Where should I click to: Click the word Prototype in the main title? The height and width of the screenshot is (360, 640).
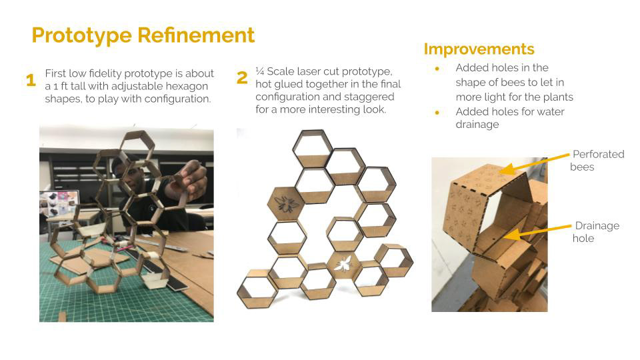pos(81,35)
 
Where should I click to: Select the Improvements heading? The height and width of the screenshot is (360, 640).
pos(479,49)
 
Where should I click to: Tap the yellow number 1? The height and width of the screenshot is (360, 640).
pos(31,80)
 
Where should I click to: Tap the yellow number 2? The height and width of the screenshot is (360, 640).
pos(242,77)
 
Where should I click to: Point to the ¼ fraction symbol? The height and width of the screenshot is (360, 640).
pos(259,71)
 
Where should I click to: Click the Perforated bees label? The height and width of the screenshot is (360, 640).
pos(597,161)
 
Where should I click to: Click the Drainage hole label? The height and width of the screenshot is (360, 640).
pos(596,232)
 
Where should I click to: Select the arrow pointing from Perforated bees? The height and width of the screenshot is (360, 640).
pos(534,163)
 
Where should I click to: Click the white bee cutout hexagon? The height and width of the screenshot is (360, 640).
pos(343,265)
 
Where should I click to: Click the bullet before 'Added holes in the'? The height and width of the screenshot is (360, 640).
pos(437,69)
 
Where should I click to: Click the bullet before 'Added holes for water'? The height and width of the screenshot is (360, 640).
pos(437,113)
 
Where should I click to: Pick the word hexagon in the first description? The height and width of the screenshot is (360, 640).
pos(186,87)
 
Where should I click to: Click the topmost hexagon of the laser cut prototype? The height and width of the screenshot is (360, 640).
pos(312,149)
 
